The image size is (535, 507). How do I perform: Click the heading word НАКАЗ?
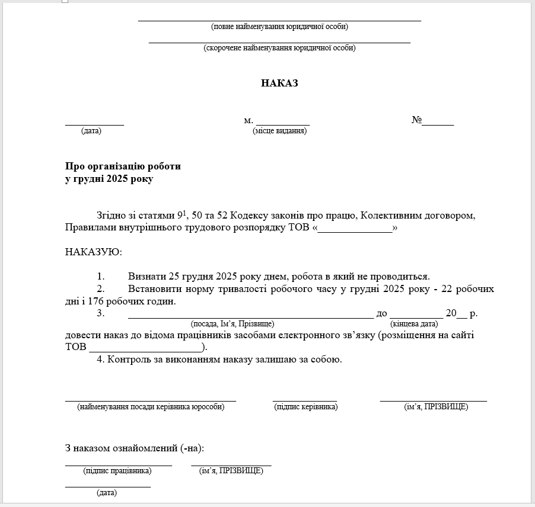279,84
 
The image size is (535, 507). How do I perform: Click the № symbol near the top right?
416,120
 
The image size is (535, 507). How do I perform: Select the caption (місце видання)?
279,131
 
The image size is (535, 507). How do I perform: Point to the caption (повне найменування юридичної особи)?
279,27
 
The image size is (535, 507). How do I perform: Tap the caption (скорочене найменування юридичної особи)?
279,48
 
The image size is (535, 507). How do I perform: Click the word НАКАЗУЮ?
94,252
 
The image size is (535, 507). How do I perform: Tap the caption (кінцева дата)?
414,324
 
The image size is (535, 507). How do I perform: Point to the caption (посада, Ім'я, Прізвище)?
232,324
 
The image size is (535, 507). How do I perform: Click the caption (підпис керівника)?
305,407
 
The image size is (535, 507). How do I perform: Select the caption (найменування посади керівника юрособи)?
151,407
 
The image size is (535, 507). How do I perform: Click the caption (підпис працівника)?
117,471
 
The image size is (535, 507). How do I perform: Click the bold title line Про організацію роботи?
123,166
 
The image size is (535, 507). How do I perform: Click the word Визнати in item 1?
147,277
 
